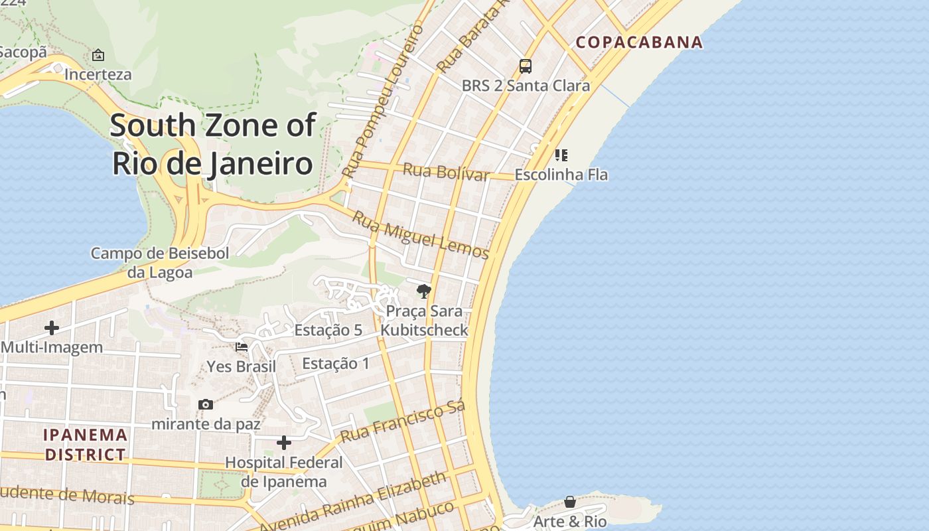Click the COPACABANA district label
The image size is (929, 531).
click(x=639, y=42)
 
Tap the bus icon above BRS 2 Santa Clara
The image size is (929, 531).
click(x=526, y=66)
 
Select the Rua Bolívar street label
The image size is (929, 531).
click(x=446, y=172)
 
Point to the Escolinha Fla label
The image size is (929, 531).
click(x=561, y=175)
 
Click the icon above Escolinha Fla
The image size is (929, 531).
click(x=561, y=155)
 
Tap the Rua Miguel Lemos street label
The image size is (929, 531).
click(x=421, y=235)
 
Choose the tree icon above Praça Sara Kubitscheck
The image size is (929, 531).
click(x=423, y=291)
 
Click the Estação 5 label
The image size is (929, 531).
click(x=328, y=330)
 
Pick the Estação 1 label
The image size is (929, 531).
click(x=336, y=363)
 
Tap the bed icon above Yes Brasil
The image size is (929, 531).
click(x=242, y=346)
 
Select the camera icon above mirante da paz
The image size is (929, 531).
click(x=206, y=404)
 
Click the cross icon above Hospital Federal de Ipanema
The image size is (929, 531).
click(x=284, y=443)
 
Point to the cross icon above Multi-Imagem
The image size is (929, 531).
click(x=51, y=327)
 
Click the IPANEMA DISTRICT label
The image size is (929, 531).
click(x=85, y=445)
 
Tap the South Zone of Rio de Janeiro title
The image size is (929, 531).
click(x=212, y=144)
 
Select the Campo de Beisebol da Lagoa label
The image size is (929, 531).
click(x=160, y=263)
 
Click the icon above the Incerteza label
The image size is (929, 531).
click(x=98, y=55)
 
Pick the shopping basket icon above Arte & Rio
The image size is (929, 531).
click(x=570, y=502)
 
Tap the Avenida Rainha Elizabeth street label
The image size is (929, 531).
click(x=352, y=502)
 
